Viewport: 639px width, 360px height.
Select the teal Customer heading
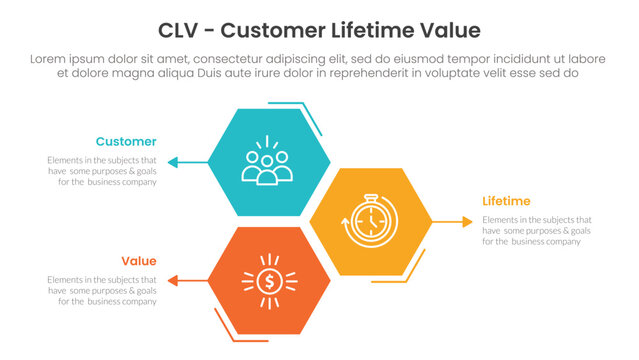coord(126,141)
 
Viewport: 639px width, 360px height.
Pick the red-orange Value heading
coord(139,260)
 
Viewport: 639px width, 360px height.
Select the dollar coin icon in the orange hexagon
coord(268,281)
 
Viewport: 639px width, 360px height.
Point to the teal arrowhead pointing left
coord(174,161)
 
